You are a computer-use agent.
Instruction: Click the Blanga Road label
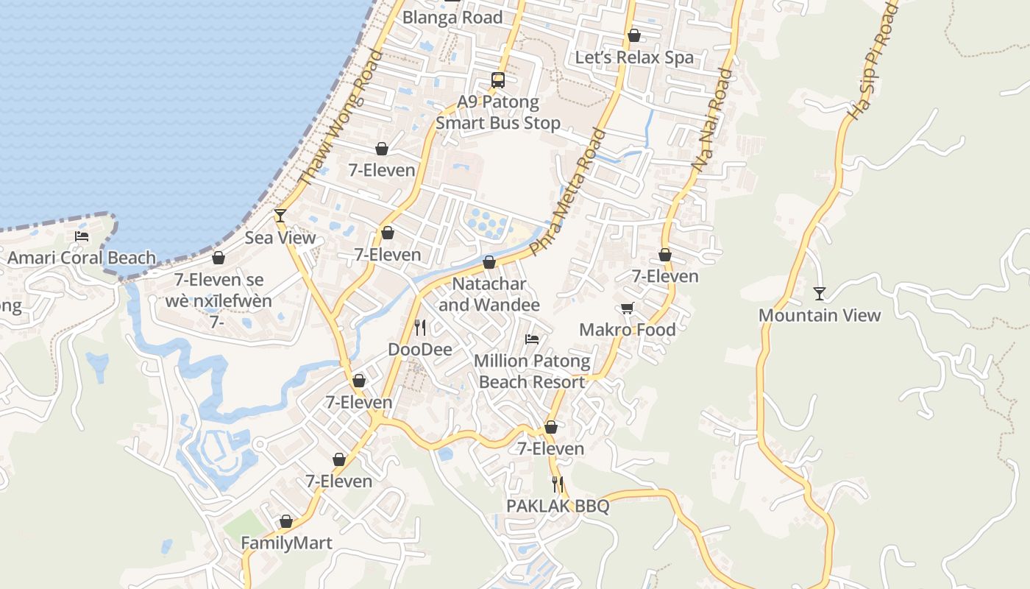tap(452, 18)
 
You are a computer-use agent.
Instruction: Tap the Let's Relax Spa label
tap(634, 57)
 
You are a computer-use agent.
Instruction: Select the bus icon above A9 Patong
tap(498, 80)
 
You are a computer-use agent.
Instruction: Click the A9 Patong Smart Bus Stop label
tap(498, 113)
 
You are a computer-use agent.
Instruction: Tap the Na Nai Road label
tap(712, 121)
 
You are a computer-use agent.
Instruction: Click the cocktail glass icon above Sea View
tap(280, 216)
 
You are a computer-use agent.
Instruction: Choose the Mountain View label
tap(820, 315)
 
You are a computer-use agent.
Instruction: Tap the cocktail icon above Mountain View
tap(820, 294)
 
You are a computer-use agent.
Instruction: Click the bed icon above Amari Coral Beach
tap(82, 236)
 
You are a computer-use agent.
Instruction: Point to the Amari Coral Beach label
tap(82, 258)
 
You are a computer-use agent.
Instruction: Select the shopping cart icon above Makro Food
tap(627, 308)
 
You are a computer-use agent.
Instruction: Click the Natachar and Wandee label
tap(489, 294)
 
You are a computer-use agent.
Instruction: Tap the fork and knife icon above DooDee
tap(420, 327)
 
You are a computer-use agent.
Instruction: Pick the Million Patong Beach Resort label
tap(532, 371)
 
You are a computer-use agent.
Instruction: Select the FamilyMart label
tap(287, 543)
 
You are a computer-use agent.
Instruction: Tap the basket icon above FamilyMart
tap(286, 522)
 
